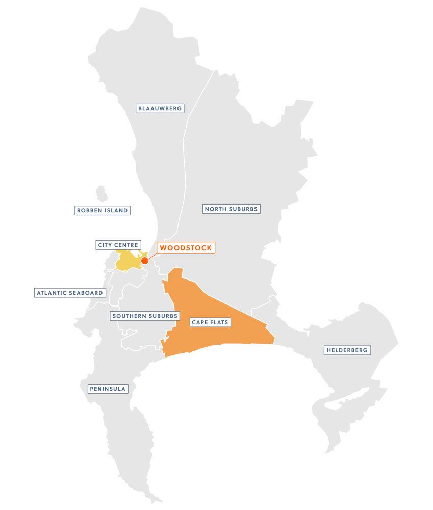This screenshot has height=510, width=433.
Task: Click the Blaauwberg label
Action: point(160,108)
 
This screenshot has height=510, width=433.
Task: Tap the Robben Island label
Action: point(102,210)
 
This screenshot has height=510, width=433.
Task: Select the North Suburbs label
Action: point(232,209)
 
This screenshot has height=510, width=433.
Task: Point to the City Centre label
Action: point(118,245)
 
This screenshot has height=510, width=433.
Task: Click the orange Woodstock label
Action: point(185,248)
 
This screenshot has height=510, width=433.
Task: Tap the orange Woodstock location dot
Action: point(145,260)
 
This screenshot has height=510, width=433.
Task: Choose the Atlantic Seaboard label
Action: point(70,293)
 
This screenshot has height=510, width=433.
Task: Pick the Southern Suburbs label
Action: point(145,316)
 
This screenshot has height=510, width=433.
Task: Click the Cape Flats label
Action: point(210,322)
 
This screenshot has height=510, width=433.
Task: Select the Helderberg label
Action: point(347,350)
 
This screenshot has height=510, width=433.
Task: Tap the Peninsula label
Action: point(107,389)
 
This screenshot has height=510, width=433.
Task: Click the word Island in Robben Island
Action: point(116,210)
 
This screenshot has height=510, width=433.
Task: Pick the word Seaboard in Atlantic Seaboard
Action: point(87,293)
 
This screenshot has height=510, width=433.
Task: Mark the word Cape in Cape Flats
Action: point(200,322)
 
